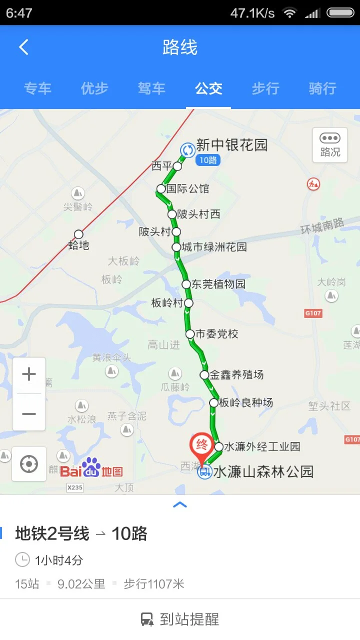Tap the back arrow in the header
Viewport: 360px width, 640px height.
[23, 47]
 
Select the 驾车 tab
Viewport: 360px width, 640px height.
[151, 88]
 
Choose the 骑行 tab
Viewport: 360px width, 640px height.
[322, 88]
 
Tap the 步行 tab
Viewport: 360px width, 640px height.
[265, 88]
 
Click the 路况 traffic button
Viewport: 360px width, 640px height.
[330, 145]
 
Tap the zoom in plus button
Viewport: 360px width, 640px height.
[29, 374]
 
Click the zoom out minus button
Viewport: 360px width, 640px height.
[29, 413]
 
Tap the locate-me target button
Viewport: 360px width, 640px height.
[29, 464]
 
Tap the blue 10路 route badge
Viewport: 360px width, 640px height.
[207, 160]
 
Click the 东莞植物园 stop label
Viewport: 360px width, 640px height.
[218, 284]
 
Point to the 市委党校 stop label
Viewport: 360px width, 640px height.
[216, 334]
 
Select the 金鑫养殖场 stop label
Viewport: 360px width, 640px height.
[236, 374]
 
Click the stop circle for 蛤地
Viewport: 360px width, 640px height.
[78, 234]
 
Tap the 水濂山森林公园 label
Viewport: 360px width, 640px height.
[263, 471]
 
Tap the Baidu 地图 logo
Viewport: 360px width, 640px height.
[92, 468]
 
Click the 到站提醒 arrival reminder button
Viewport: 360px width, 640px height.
[180, 619]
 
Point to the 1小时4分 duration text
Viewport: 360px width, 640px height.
[58, 560]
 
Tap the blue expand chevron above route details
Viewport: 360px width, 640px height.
[180, 504]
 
